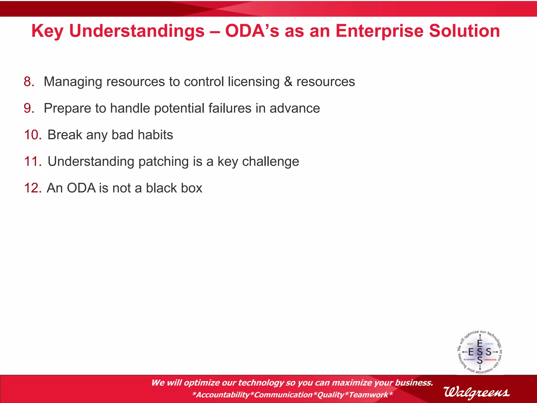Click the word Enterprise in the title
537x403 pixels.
tap(379, 31)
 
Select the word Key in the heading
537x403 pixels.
tap(47, 31)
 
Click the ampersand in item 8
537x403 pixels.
tap(288, 82)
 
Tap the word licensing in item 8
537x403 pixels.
tap(254, 82)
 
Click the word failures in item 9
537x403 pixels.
tap(230, 108)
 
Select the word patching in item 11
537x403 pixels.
tap(163, 162)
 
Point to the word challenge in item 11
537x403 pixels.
tap(270, 162)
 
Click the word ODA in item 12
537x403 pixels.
tap(81, 188)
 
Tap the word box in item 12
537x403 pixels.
tap(192, 188)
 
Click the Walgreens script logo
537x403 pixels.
tap(476, 393)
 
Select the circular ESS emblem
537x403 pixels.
tap(480, 352)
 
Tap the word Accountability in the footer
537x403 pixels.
tap(223, 395)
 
